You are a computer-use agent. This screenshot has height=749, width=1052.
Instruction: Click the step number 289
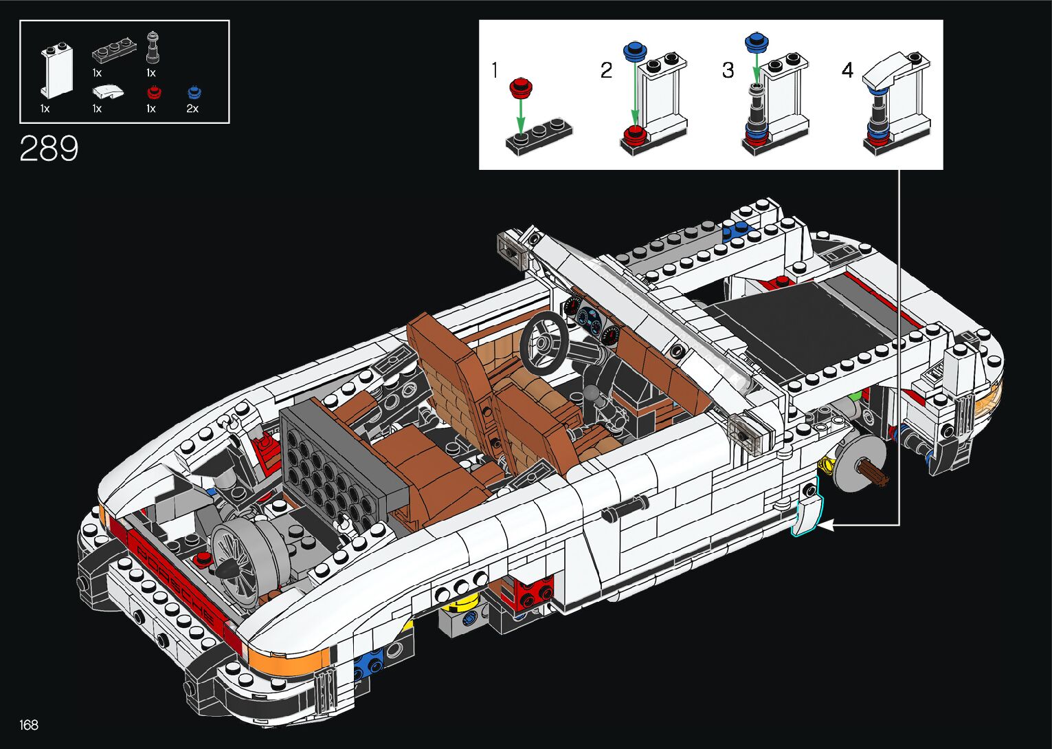pyautogui.click(x=49, y=148)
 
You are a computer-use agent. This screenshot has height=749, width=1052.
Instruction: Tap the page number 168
pyautogui.click(x=29, y=724)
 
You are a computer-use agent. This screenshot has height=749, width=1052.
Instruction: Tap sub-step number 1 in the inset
pyautogui.click(x=494, y=70)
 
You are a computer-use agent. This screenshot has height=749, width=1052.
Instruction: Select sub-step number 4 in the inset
pyautogui.click(x=847, y=70)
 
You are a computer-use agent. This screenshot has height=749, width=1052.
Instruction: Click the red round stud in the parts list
pyautogui.click(x=154, y=92)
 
